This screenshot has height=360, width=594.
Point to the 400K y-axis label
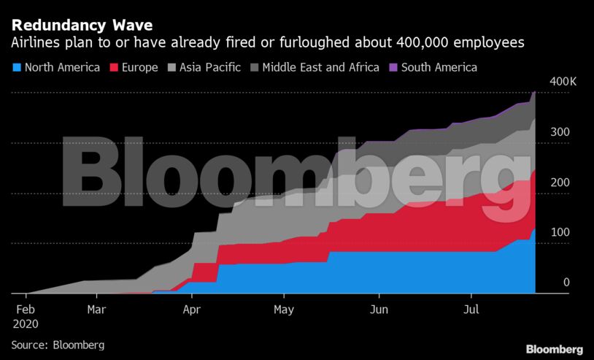563,82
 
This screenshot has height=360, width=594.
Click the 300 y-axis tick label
560,132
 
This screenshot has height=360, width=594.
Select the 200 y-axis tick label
560,183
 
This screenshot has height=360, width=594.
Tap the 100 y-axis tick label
560,232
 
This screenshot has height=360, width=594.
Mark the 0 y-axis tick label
566,283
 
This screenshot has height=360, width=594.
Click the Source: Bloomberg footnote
58,344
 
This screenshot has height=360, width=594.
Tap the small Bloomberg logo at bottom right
555,349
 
